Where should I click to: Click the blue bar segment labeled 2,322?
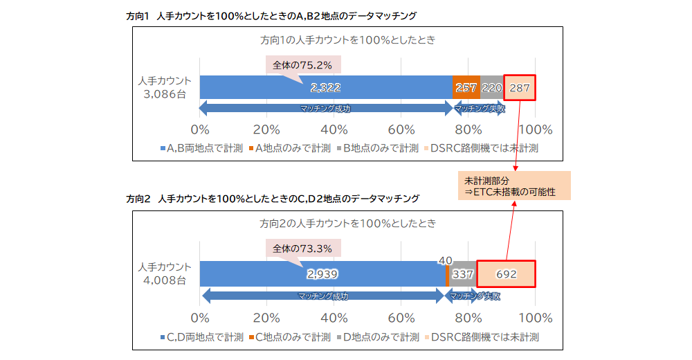point(325,87)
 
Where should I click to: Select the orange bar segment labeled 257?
point(466,87)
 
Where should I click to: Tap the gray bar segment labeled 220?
point(491,87)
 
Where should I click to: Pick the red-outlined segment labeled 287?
point(520,87)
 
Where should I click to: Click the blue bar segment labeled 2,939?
point(322,274)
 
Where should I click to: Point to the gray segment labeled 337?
point(462,274)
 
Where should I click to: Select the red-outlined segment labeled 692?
point(506,274)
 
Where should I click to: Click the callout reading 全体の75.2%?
point(302,64)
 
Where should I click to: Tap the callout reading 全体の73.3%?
point(302,249)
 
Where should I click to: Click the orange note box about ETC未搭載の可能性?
point(514,186)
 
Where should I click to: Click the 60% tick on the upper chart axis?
point(401,129)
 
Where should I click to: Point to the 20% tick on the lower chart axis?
point(267,318)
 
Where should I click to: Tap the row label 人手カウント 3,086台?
point(163,87)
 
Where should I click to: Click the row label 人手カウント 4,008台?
point(163,274)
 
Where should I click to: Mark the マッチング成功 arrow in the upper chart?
point(325,109)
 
